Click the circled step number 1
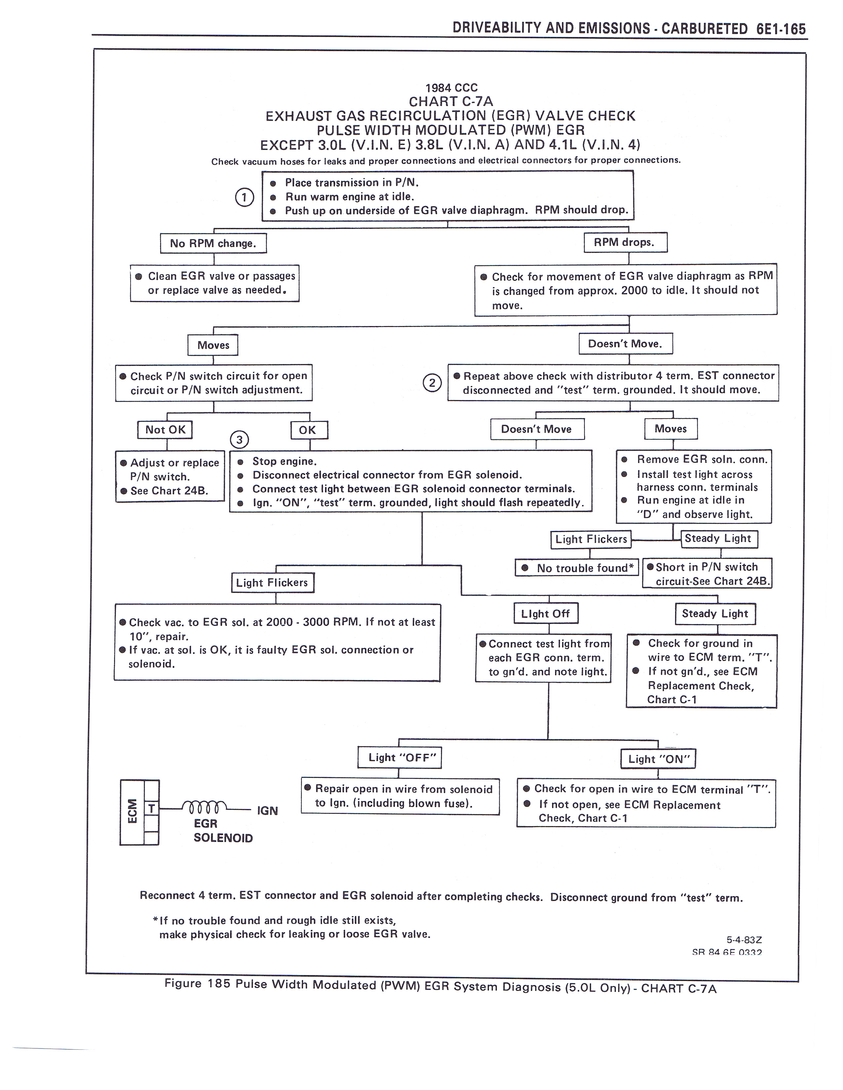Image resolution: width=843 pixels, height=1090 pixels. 244,198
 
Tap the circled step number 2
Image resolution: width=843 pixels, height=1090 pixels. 432,383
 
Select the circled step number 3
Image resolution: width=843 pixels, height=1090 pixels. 239,440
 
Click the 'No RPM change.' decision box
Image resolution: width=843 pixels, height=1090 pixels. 213,243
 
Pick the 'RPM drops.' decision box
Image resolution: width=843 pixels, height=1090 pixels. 625,242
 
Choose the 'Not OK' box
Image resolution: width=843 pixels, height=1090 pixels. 165,430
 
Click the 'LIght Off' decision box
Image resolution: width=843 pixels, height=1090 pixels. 545,613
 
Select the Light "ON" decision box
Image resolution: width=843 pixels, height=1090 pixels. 658,759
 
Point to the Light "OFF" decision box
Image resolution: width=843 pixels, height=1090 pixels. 400,758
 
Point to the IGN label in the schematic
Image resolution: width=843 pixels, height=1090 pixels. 267,811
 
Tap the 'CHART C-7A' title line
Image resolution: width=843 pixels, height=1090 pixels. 451,102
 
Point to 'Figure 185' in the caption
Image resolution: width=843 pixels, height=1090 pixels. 198,984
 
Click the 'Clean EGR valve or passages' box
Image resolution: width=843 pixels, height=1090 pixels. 215,283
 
